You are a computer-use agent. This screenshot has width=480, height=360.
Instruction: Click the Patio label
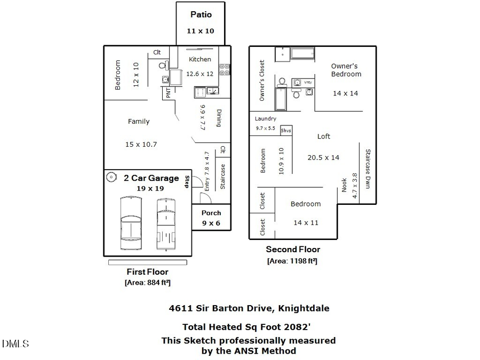point(201,15)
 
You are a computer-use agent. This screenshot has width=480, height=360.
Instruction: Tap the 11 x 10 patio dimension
point(201,31)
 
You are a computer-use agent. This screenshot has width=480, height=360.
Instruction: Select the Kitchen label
point(200,59)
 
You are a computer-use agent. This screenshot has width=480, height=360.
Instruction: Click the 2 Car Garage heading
point(151,178)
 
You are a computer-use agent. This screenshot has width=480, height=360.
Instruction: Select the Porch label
point(211,213)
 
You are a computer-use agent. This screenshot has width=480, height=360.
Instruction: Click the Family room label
point(139,122)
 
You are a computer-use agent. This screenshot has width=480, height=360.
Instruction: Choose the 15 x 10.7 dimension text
point(141,145)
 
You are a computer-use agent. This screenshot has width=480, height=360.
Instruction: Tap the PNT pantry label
point(169,93)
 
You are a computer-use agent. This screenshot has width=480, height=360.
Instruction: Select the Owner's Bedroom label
point(345,70)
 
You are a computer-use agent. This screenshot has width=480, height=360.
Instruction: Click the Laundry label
point(266,119)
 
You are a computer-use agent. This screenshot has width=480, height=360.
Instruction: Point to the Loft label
point(324,136)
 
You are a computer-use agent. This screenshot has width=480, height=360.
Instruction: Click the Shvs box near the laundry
point(286,131)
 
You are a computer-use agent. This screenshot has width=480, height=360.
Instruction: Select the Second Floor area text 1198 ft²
point(292,261)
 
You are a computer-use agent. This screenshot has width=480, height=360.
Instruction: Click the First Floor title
point(147,272)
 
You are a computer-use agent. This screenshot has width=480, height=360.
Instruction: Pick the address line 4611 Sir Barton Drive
point(249,308)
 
